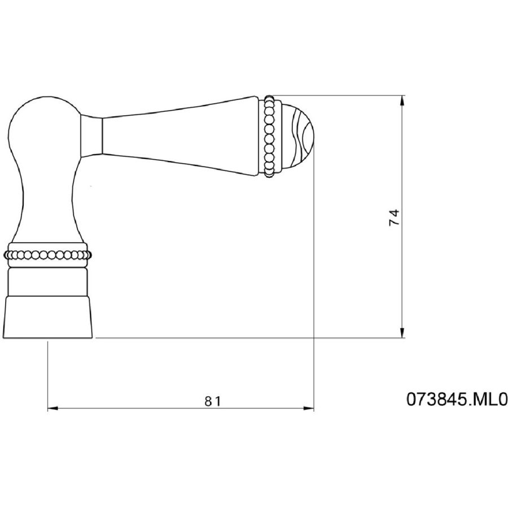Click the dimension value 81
(x=213, y=401)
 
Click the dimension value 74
(x=395, y=217)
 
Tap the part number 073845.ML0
(x=457, y=399)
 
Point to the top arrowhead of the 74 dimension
(x=402, y=100)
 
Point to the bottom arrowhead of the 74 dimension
(x=402, y=332)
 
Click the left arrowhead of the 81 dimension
(x=53, y=409)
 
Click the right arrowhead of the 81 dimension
(x=309, y=409)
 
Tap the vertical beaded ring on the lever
(x=269, y=136)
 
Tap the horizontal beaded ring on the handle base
(x=47, y=255)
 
